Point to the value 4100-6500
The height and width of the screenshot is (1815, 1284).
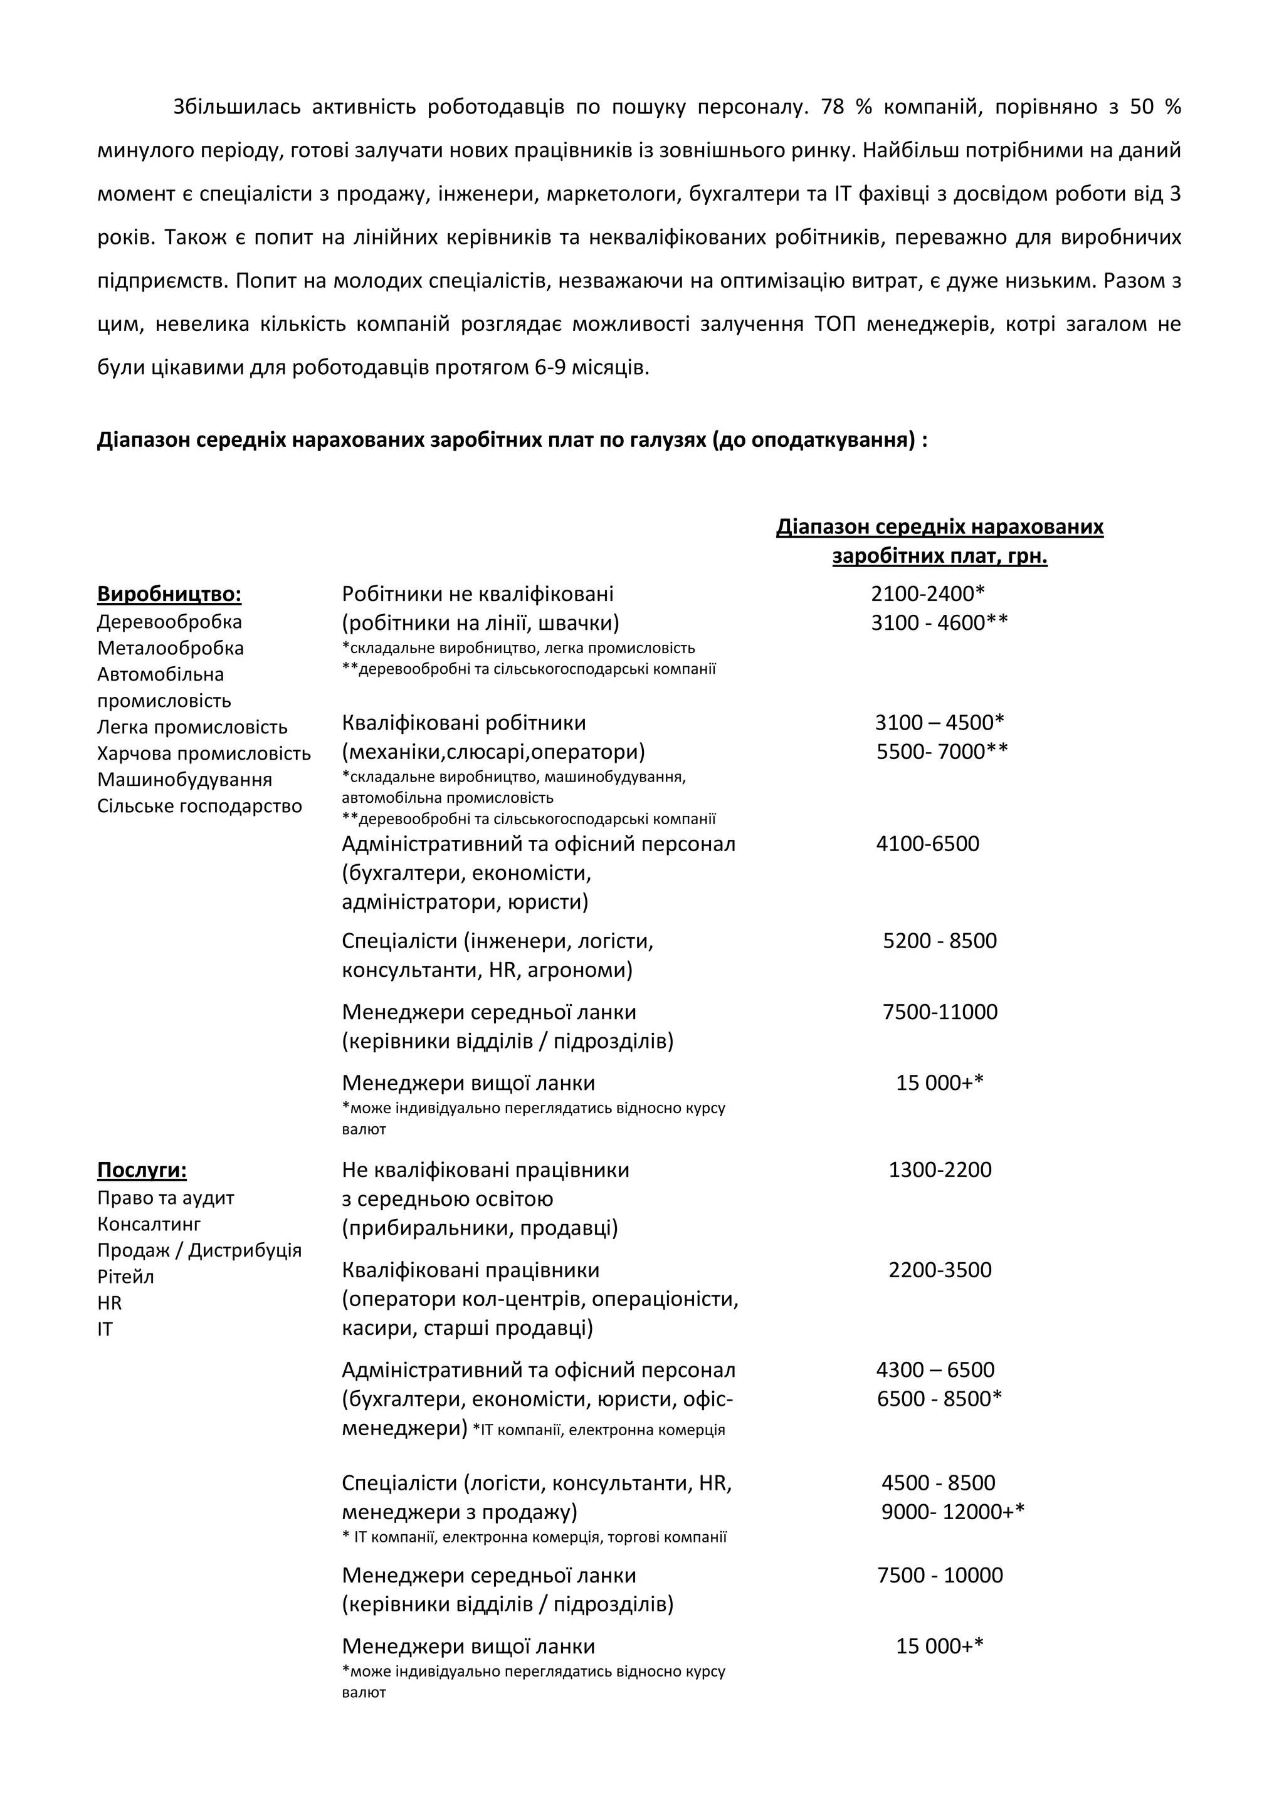click(927, 844)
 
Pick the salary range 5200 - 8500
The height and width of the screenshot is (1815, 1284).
click(939, 941)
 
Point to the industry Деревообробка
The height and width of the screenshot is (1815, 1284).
click(169, 622)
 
